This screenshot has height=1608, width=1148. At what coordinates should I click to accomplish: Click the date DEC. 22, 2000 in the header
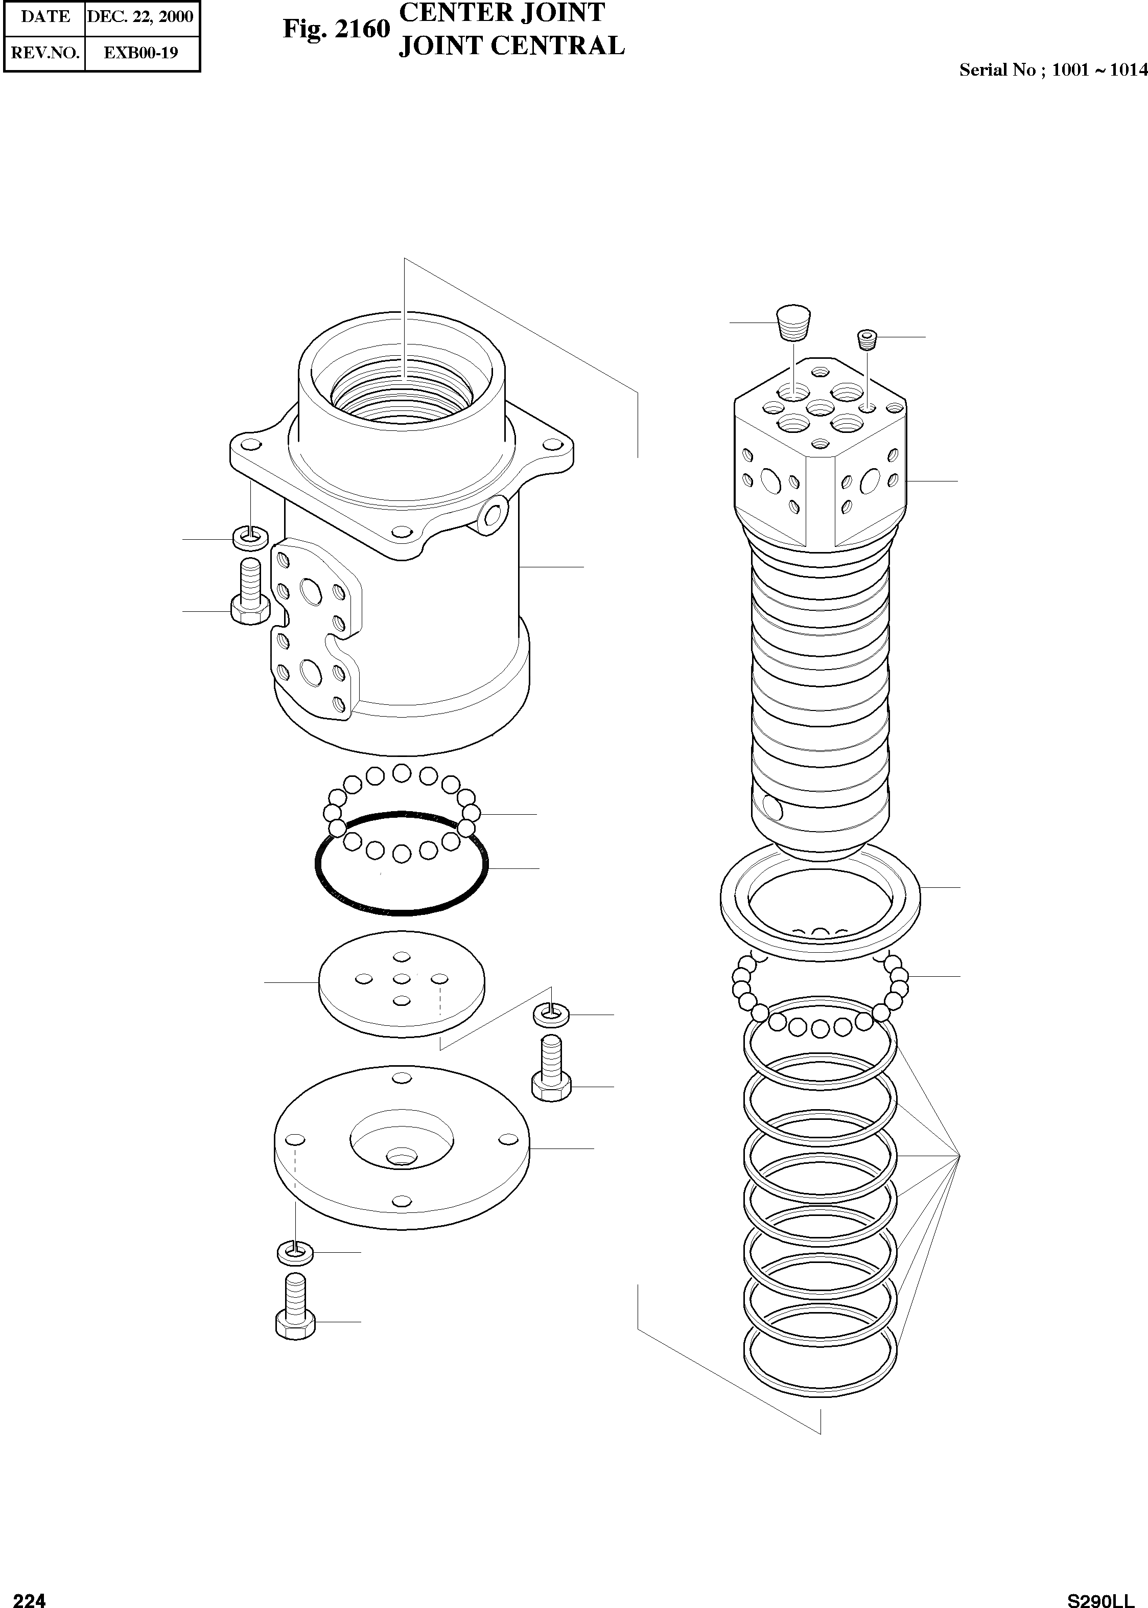click(x=140, y=17)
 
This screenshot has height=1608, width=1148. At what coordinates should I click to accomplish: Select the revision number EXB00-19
click(x=140, y=53)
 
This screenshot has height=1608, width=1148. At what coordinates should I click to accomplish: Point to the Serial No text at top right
click(x=1052, y=70)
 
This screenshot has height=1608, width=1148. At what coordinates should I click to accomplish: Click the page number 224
click(x=30, y=1581)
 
